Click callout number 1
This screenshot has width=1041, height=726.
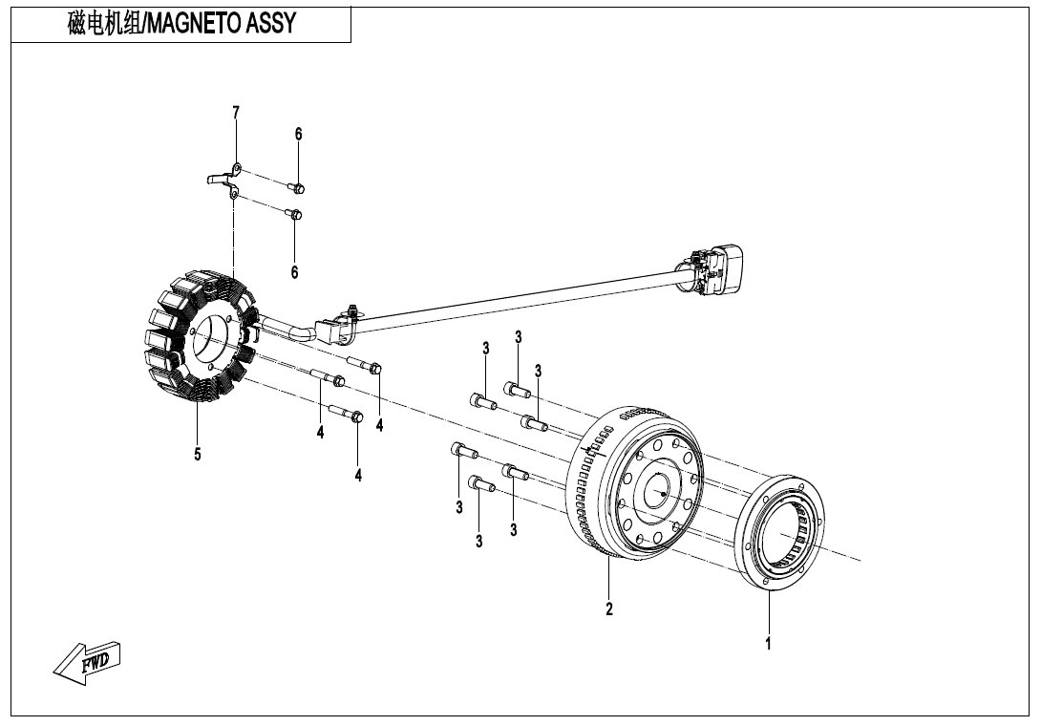pos(768,644)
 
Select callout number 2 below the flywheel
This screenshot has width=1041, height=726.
pos(609,609)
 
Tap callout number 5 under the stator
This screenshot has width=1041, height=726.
pos(197,455)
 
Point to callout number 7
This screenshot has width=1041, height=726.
pos(236,113)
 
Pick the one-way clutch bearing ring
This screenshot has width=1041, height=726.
pos(783,531)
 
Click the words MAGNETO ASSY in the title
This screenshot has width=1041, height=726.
pos(221,24)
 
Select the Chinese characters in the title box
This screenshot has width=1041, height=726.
pos(104,24)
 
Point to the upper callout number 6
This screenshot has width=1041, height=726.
pos(298,134)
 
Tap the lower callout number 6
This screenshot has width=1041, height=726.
pos(295,272)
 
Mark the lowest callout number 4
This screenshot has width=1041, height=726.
pos(358,475)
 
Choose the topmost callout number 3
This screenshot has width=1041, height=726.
pos(518,337)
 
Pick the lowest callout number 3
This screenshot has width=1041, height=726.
pos(478,542)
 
